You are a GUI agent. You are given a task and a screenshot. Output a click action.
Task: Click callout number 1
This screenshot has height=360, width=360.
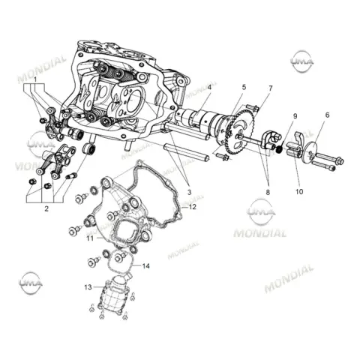35,79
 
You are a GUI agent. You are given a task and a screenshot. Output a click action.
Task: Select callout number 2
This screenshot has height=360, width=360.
46,208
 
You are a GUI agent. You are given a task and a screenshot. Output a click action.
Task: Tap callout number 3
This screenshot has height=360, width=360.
189,192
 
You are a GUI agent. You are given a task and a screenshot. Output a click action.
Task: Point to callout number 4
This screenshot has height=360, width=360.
209,87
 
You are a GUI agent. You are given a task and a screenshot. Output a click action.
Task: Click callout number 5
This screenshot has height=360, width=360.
244,87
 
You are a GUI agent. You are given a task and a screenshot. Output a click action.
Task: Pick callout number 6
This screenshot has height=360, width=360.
327,115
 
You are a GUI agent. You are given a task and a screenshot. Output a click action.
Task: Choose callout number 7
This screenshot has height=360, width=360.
271,88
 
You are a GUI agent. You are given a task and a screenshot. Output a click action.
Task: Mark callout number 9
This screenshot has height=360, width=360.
295,116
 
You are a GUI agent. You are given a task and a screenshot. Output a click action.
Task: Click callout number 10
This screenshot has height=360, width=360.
299,192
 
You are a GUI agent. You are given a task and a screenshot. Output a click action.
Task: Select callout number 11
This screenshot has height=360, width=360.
90,238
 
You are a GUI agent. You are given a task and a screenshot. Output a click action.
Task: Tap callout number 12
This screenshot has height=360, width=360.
193,207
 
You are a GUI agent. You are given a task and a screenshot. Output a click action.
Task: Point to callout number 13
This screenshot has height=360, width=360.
88,287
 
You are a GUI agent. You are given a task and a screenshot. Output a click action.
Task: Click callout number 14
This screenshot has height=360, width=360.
145,265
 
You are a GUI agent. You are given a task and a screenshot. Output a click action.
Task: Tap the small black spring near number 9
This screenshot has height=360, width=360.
280,149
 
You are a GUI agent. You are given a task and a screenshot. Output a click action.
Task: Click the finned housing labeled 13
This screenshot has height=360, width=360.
114,295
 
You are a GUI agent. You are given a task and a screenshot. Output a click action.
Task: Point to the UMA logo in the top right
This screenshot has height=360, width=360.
302,61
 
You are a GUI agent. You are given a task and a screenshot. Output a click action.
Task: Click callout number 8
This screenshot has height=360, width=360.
268,192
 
